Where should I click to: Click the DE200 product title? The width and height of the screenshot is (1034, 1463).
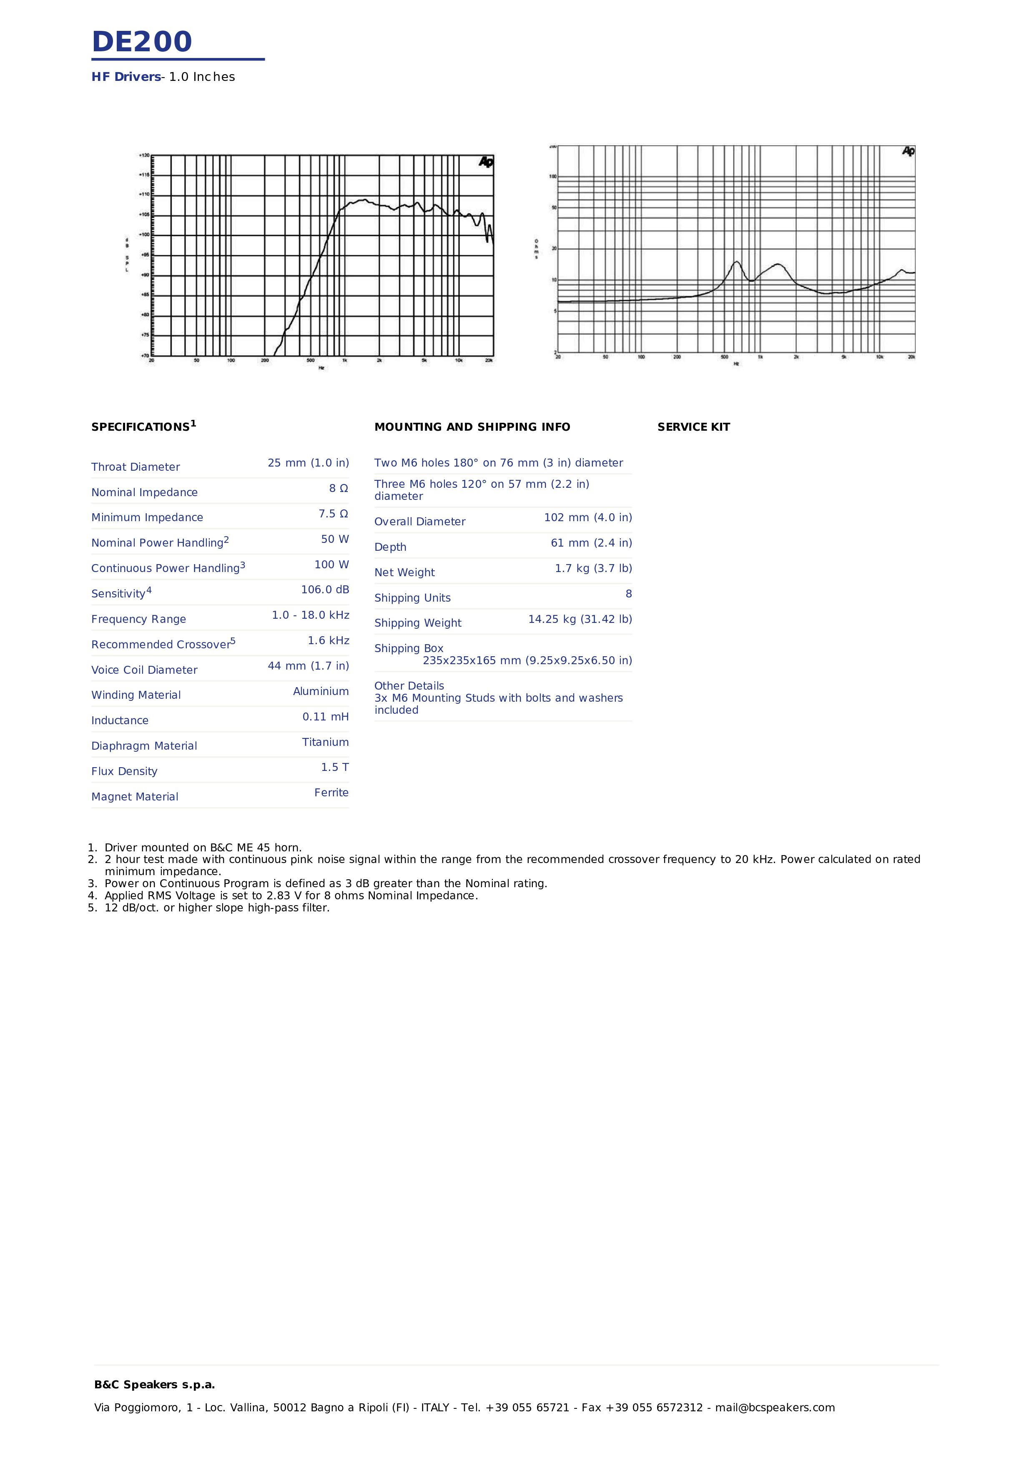coord(141,42)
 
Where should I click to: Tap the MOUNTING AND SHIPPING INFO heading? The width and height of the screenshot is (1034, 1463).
coord(472,427)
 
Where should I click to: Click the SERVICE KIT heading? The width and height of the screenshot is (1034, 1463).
coord(693,427)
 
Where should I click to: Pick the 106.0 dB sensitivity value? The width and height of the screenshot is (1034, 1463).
coord(325,590)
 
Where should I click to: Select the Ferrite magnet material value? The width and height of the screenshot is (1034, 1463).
coord(331,793)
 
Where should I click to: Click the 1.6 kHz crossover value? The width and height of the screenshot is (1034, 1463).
coord(328,640)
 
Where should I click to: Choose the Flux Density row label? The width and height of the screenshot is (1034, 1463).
coord(124,771)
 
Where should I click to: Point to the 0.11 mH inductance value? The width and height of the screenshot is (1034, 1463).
coord(326,717)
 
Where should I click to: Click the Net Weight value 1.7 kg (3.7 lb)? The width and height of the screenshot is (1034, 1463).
coord(593,568)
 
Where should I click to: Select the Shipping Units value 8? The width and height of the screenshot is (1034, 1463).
coord(628,594)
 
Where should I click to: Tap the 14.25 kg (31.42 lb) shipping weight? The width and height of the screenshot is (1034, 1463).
coord(580,620)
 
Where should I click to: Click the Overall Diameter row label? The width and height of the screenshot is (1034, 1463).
coord(420,521)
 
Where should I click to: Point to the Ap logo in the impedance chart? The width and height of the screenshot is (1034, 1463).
coord(908,151)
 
